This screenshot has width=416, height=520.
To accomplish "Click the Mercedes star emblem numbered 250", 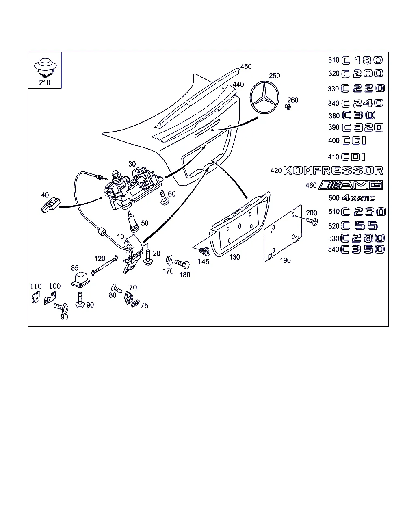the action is click(x=264, y=97).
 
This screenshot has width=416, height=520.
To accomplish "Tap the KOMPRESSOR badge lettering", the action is click(x=333, y=170).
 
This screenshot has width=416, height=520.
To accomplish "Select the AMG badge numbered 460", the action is click(x=351, y=185).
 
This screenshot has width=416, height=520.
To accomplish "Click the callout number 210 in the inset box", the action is click(x=45, y=82).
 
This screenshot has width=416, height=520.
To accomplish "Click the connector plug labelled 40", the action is click(x=50, y=205).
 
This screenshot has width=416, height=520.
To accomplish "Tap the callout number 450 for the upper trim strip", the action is click(x=246, y=67).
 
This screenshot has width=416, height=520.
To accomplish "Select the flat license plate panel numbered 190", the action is click(x=283, y=234).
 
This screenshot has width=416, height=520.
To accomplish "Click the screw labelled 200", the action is click(x=312, y=221).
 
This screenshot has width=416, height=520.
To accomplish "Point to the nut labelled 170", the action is click(x=170, y=260).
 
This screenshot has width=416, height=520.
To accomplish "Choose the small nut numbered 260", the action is click(x=288, y=106).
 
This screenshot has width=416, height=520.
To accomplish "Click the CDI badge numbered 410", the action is click(x=353, y=157).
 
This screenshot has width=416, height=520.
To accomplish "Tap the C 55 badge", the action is click(x=359, y=226).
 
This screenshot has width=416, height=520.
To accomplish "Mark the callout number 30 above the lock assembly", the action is click(x=132, y=164).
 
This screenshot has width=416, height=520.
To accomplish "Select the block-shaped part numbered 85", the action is click(x=81, y=280).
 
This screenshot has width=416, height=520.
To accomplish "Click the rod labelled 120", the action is click(x=104, y=265).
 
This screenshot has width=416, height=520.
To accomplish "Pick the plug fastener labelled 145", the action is click(x=205, y=251).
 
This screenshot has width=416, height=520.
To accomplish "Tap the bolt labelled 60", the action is click(x=164, y=198).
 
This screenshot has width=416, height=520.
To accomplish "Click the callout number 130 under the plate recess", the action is click(x=234, y=257).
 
